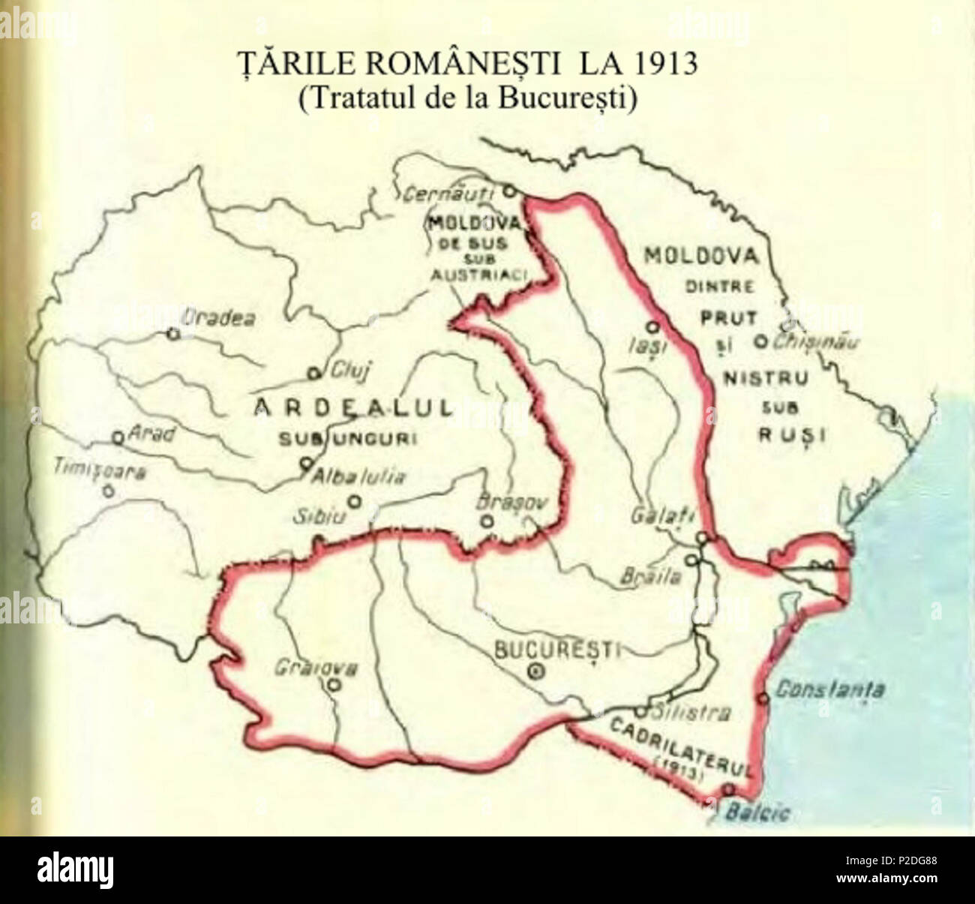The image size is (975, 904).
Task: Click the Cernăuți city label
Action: pos(448,196)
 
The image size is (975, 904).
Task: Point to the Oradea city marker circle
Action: pos(173,335)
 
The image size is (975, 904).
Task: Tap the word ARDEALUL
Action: pos(354,407)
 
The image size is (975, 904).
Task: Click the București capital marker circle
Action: pos(535,672)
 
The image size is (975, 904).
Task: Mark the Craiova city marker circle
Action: pos(335,683)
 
